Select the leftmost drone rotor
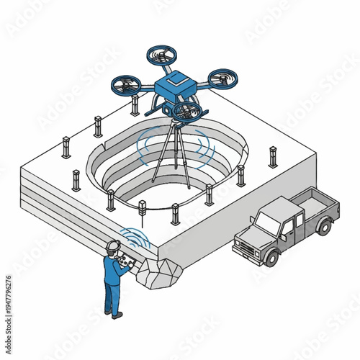pos(125,84)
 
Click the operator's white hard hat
pos(111,246)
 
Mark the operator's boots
pos(113,313)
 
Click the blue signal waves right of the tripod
pos(207,148)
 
